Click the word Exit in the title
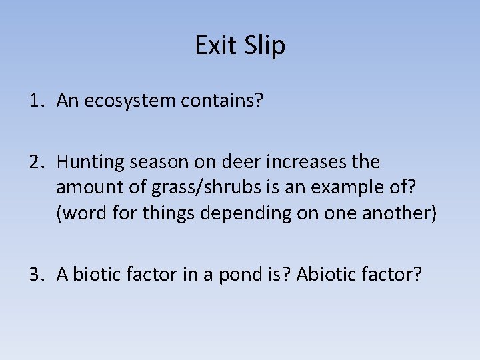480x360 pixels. coord(215,45)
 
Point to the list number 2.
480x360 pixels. coord(35,161)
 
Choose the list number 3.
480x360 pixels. coord(35,275)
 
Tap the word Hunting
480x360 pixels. coord(89,162)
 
